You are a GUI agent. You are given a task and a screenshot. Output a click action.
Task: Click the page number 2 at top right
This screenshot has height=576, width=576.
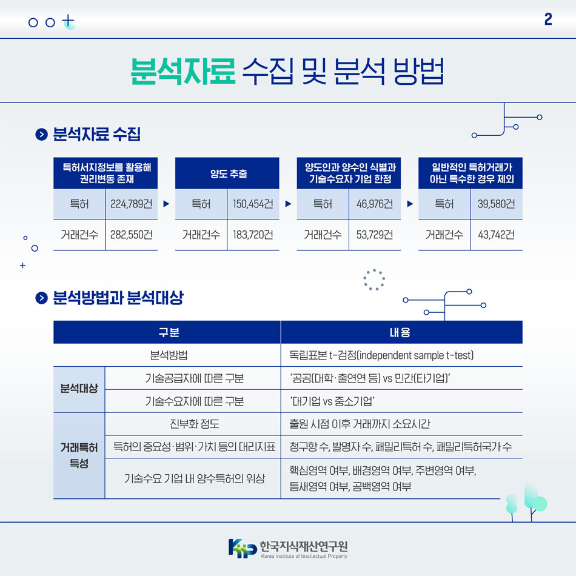coord(548,20)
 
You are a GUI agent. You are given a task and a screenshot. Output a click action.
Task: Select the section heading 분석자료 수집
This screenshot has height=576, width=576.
coord(96,135)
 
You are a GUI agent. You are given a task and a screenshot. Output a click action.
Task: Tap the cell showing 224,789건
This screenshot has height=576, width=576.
coord(131,204)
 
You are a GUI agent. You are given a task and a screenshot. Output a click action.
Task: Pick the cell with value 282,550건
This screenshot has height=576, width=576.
coord(131,235)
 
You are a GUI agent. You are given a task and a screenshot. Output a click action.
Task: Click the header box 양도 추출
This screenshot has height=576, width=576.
coord(227,173)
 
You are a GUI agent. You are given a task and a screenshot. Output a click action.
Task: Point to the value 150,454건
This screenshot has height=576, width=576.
coord(253,204)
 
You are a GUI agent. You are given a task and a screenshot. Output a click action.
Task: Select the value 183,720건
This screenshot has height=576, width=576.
coord(253,235)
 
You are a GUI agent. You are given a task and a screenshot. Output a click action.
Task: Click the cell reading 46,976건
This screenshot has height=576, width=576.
coord(375,204)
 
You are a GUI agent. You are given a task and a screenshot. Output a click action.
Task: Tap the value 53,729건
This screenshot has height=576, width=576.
coord(375,235)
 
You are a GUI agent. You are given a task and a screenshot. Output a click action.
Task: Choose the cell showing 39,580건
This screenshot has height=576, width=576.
coord(496,204)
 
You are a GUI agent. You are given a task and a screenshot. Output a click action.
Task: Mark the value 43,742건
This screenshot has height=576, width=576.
coord(496,235)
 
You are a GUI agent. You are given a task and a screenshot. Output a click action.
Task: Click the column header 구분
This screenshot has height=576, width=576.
coord(167,332)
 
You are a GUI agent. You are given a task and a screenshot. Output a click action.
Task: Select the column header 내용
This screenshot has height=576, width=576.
coord(401,332)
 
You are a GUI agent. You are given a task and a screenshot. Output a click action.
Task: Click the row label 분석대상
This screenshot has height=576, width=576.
coord(79,389)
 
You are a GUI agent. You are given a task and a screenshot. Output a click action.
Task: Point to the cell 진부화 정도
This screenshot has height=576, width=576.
coord(192,424)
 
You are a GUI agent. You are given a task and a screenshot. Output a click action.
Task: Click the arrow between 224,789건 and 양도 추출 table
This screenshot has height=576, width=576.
coord(166,204)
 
